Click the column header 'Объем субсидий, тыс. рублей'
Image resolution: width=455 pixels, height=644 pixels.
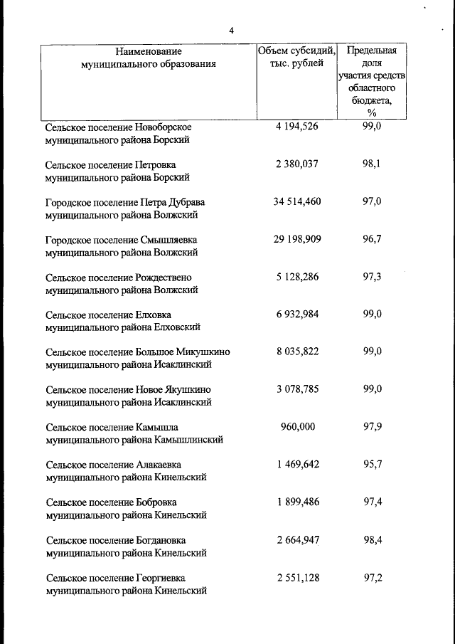(296, 57)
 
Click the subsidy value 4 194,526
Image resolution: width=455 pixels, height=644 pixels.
(296, 127)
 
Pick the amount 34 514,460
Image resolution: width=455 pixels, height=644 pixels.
(296, 201)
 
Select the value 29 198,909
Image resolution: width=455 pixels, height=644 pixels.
(296, 239)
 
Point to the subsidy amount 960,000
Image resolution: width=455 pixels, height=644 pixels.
(296, 427)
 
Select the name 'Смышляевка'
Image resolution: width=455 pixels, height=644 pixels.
(170, 240)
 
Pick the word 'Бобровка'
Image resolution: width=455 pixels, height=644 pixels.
(156, 502)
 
